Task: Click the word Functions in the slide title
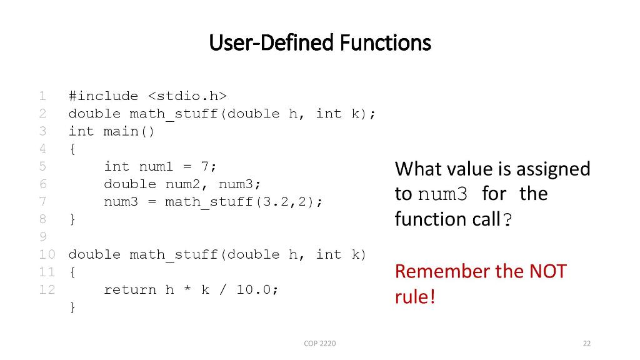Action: point(386,43)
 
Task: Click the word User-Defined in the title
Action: point(272,43)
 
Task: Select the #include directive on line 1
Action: point(103,96)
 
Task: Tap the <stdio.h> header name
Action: point(187,96)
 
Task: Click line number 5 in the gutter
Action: point(42,166)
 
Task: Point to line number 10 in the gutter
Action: point(47,254)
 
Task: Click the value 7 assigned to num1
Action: point(205,166)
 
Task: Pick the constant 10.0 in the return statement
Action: point(254,289)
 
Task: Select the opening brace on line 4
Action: point(72,149)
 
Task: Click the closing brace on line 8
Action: point(72,219)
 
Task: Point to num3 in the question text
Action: point(442,194)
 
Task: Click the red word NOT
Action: point(547,271)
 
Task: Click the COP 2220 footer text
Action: point(319,343)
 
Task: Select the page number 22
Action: point(586,343)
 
